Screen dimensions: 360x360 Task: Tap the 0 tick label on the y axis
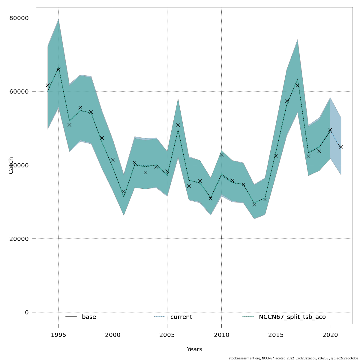(x=27, y=312)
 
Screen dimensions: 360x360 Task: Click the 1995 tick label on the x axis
(x=58, y=335)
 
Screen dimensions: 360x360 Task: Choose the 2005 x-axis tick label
(x=167, y=335)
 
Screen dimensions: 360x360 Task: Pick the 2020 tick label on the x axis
(x=330, y=335)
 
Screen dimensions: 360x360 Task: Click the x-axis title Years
(x=194, y=349)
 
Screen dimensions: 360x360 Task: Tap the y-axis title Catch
(x=11, y=165)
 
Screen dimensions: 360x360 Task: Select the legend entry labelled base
(x=89, y=317)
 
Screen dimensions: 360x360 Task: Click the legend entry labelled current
(x=181, y=317)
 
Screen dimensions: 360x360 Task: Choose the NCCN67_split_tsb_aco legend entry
(x=292, y=317)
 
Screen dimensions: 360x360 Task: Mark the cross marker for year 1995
(x=58, y=69)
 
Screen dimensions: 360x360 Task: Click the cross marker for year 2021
(x=341, y=147)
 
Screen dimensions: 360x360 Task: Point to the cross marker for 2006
(x=178, y=125)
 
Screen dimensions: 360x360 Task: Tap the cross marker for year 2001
(x=124, y=191)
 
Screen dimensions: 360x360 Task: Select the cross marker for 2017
(x=298, y=85)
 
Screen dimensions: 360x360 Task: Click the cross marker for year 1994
(x=48, y=85)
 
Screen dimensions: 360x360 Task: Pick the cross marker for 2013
(x=254, y=204)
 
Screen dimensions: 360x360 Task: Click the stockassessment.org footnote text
(x=293, y=358)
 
